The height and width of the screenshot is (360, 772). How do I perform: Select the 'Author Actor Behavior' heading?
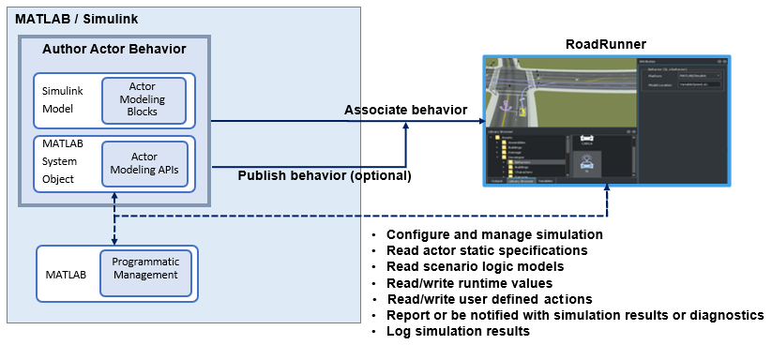114,49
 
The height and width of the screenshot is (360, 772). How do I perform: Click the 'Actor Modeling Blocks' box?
144,99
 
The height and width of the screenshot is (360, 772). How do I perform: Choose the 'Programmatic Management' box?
144,269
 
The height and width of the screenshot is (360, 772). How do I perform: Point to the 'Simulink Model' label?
63,99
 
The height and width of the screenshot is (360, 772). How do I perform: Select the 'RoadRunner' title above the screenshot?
605,44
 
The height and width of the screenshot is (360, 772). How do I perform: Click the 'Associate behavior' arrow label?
405,110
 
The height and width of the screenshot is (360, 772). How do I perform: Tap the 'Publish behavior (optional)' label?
325,175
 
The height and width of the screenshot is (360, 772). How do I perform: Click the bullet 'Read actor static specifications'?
486,250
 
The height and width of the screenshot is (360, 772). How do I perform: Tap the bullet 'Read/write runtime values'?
469,282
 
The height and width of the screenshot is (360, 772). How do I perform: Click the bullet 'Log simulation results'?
458,331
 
